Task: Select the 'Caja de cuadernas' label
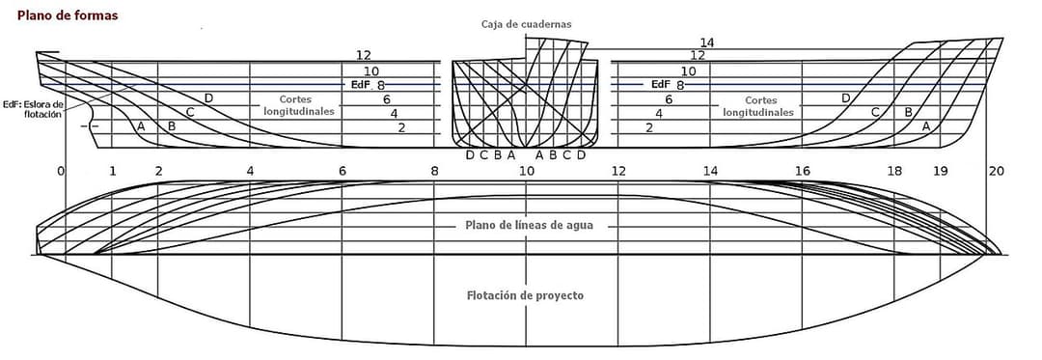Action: [527, 24]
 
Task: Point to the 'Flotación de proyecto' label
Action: [527, 295]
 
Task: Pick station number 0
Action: [61, 172]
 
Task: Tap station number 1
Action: [112, 172]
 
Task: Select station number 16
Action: [802, 172]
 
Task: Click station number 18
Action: [893, 172]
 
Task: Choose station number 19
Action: [940, 172]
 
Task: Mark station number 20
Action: [996, 172]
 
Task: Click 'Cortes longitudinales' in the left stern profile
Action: [298, 105]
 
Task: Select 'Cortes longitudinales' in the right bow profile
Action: [758, 106]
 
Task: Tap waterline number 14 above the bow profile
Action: [707, 43]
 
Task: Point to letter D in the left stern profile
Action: [208, 98]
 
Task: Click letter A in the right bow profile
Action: [926, 125]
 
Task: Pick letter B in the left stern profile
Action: [172, 125]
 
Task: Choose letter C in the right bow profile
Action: [876, 112]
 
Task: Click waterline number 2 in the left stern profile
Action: [401, 127]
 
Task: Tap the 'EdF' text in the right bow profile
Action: [660, 84]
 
